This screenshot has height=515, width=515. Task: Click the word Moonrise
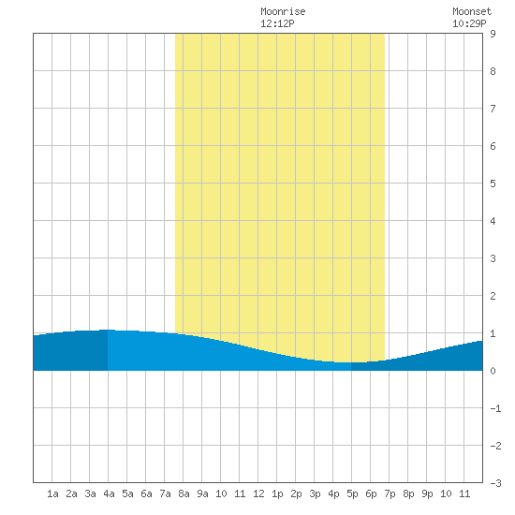click(283, 11)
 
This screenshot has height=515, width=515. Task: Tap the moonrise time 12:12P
click(277, 23)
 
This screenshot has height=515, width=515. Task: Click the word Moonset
click(472, 11)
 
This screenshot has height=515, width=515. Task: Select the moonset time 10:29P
click(469, 23)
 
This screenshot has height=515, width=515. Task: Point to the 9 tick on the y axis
click(493, 34)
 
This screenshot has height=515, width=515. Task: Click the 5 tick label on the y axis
click(493, 184)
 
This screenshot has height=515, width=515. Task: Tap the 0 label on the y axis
click(493, 371)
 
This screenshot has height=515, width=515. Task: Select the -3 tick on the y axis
click(495, 483)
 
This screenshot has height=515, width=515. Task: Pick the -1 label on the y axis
click(495, 408)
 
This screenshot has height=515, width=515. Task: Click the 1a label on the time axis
click(52, 493)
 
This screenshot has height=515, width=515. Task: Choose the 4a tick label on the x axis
click(109, 493)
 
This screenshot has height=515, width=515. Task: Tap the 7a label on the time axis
click(165, 493)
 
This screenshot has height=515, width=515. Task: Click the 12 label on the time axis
click(258, 493)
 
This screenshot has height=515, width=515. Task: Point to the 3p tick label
click(315, 493)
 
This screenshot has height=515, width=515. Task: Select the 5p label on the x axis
click(352, 493)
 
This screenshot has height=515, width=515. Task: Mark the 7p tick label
click(390, 493)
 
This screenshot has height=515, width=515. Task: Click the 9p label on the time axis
click(427, 493)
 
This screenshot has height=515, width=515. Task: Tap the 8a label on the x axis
click(184, 493)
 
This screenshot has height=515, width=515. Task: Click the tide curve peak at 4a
click(108, 330)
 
